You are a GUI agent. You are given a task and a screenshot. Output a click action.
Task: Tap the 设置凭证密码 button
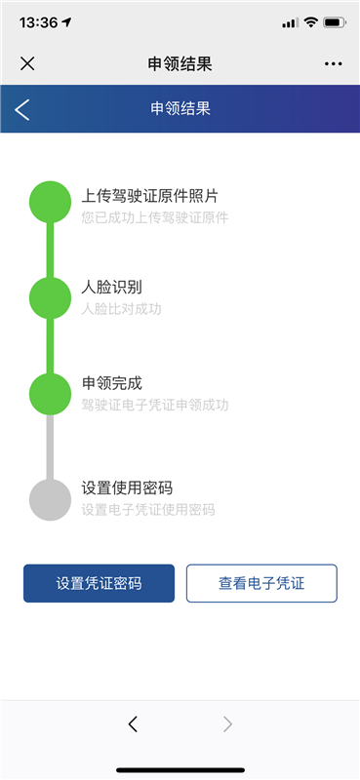click(x=99, y=583)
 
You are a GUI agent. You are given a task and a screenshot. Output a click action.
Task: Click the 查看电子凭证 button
click(x=261, y=583)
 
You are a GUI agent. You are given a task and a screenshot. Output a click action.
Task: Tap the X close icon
click(x=27, y=63)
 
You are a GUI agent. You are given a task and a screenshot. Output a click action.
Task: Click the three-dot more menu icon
click(x=333, y=63)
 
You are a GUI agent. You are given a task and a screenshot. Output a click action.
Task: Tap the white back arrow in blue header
click(x=22, y=109)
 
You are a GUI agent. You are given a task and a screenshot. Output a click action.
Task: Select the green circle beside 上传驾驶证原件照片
click(x=50, y=202)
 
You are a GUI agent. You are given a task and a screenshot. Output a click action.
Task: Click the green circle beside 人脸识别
click(x=50, y=298)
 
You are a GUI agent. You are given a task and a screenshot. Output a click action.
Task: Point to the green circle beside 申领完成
click(x=50, y=394)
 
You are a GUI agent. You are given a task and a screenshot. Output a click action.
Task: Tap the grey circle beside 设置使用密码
click(x=50, y=500)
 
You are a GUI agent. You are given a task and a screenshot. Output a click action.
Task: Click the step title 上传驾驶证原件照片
click(x=150, y=196)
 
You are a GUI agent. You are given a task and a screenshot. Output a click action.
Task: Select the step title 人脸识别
click(x=112, y=288)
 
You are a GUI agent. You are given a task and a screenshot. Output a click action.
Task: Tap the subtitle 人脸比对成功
click(x=122, y=309)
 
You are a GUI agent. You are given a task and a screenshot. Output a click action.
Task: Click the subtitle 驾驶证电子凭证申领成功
click(x=155, y=405)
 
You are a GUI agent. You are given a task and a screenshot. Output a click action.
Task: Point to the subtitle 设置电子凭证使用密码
click(x=148, y=510)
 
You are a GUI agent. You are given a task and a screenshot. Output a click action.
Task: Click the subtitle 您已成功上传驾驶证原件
click(x=155, y=217)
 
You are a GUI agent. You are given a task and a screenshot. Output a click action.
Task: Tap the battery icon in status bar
click(x=334, y=22)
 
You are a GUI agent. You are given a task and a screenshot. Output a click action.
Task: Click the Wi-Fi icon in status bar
click(x=310, y=22)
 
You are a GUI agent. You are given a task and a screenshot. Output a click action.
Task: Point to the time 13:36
click(x=38, y=22)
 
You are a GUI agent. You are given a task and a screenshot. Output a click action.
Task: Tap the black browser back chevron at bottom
click(x=133, y=724)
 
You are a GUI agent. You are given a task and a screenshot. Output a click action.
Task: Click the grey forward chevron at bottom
click(x=227, y=724)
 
